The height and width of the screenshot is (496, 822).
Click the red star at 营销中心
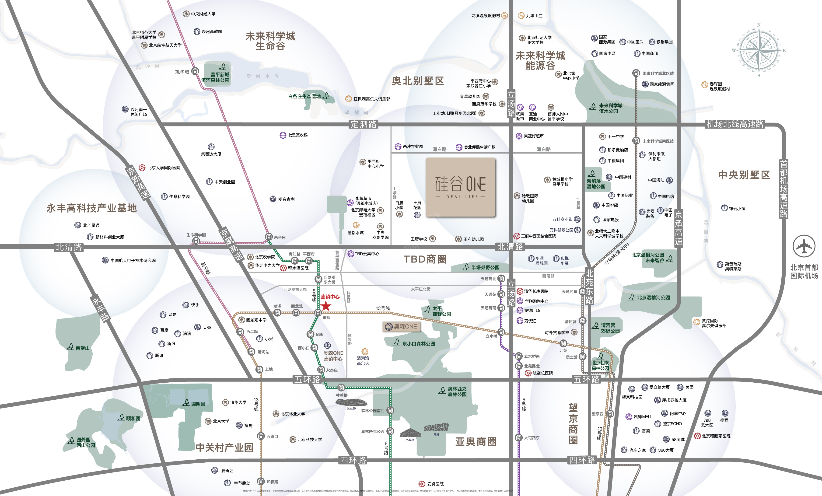325,306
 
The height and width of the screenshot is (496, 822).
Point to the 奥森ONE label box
401,327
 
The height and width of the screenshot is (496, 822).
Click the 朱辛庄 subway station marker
269,237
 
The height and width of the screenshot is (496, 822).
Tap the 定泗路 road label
363,124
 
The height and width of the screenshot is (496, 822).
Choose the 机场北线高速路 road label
735,124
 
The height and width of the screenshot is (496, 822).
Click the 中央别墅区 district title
744,175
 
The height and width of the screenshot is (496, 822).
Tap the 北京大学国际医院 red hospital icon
142,168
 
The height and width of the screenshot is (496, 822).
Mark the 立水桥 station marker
501,332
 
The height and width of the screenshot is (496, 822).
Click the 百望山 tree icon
70,347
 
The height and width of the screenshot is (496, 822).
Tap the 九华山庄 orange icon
521,15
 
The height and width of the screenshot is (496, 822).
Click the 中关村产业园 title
224,447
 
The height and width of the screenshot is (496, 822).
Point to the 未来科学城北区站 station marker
636,73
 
